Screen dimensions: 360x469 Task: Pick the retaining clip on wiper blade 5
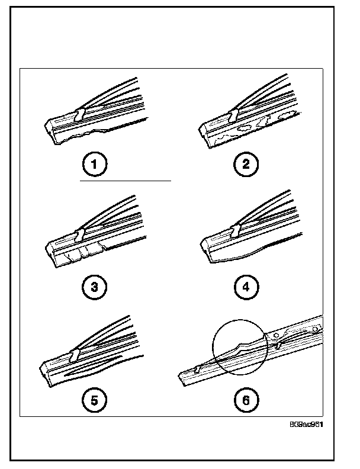[x=74, y=355]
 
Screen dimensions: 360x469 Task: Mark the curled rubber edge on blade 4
[x=237, y=257]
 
